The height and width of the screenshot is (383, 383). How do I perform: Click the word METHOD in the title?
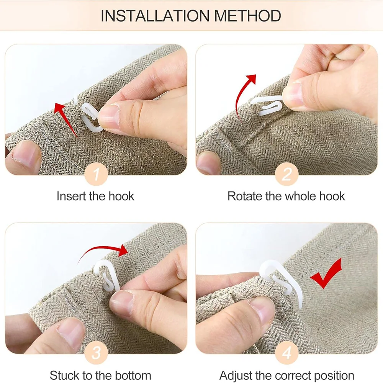click(248, 16)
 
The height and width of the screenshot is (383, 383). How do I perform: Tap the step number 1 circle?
click(96, 174)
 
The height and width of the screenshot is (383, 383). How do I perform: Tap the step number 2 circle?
click(286, 174)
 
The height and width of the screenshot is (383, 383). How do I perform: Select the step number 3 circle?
click(96, 353)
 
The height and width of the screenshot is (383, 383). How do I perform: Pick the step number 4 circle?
click(286, 353)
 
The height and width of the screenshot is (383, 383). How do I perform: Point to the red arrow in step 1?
click(65, 119)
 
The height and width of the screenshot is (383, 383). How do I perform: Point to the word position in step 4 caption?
click(334, 376)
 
